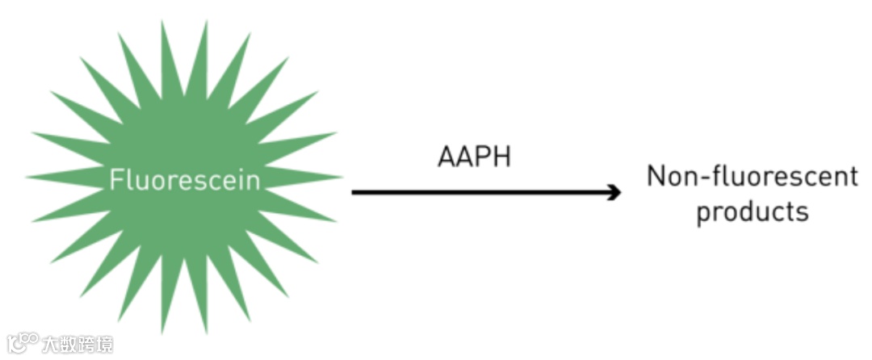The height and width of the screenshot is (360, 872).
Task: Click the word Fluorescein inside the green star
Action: (185, 179)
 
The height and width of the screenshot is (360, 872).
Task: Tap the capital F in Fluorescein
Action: (116, 179)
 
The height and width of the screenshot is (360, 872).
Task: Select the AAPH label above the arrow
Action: (474, 156)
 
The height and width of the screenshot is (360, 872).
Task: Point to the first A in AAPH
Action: (447, 156)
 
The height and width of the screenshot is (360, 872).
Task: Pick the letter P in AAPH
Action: (484, 156)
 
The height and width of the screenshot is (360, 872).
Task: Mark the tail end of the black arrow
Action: (354, 192)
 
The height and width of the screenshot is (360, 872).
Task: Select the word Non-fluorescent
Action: (752, 177)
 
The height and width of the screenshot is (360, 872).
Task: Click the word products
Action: (752, 212)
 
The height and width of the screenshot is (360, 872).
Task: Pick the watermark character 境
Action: (104, 344)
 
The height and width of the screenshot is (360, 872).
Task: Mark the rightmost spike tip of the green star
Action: (342, 177)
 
